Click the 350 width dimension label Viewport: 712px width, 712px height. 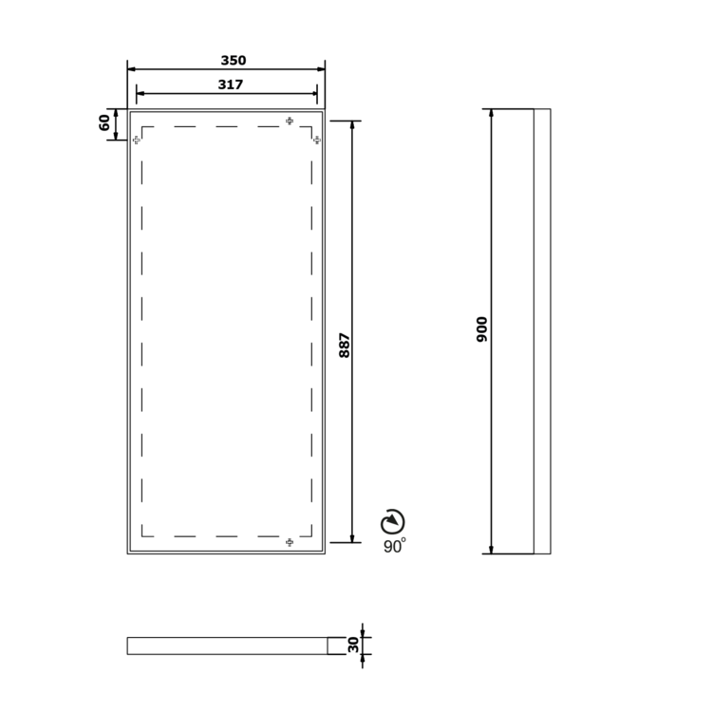[234, 61]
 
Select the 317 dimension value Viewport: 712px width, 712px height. [231, 84]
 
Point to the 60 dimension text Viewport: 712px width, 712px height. [104, 122]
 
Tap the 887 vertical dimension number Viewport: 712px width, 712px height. [345, 346]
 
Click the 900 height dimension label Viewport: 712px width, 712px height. [481, 329]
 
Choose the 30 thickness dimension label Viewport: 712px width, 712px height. [353, 645]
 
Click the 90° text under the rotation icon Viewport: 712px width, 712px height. [395, 546]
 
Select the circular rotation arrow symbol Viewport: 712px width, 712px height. [393, 522]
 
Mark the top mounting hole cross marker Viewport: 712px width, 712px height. [290, 121]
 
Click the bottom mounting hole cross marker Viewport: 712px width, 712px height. [290, 542]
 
